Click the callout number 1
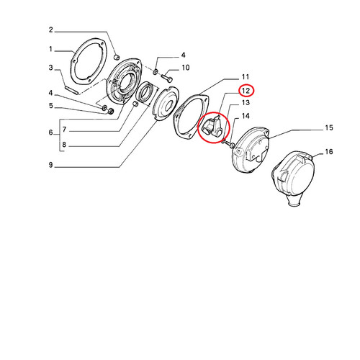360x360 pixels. point(50,49)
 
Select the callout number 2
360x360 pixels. point(51,30)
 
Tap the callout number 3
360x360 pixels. point(50,68)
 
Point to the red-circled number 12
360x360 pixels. point(246,91)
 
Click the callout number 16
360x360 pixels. point(329,152)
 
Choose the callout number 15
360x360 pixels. point(329,127)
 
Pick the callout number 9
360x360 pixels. point(51,165)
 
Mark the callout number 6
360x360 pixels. point(51,132)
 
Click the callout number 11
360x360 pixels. point(246,77)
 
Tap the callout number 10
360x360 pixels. point(186,68)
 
